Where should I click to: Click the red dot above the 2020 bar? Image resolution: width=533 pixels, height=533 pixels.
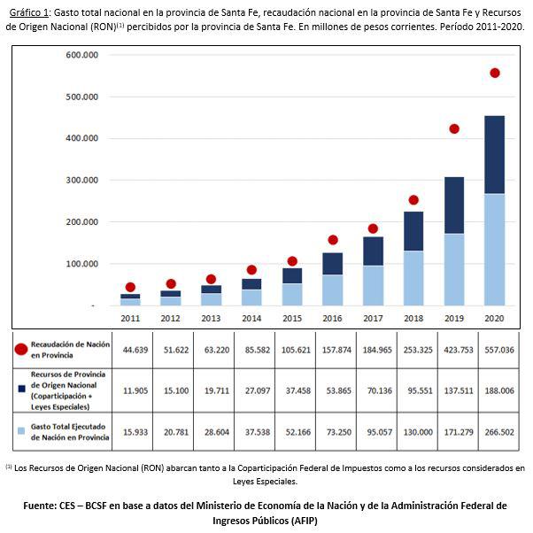click(494, 73)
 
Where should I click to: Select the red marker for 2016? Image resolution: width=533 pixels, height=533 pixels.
click(333, 239)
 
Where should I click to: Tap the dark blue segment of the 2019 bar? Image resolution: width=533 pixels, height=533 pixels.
click(454, 205)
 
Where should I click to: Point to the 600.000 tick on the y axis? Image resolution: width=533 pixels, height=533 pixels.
click(81, 55)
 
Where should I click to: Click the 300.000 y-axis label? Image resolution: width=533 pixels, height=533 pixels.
click(81, 180)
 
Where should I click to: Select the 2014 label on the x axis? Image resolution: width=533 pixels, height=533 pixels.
click(251, 318)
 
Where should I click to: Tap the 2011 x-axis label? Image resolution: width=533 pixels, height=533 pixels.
click(130, 318)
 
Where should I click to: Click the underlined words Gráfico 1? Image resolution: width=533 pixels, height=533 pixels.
click(30, 12)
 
